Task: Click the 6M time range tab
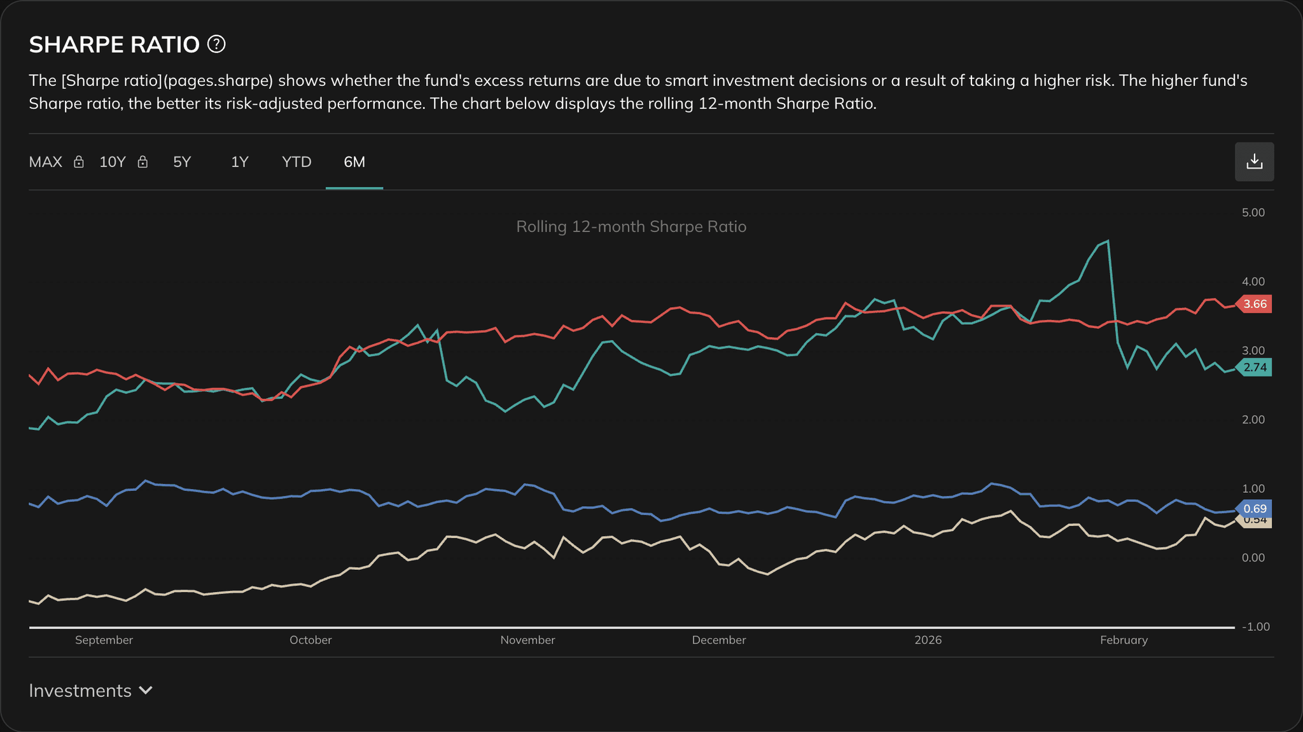pos(354,162)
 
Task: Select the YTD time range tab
pos(296,162)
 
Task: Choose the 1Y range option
pos(239,162)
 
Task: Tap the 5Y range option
pos(182,162)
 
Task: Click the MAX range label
pos(46,162)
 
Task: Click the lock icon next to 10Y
pos(143,162)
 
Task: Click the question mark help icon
pos(216,45)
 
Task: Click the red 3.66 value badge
pos(1255,304)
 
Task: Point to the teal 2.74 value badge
pos(1255,368)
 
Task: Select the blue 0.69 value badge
pos(1255,509)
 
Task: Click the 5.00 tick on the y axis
pos(1253,212)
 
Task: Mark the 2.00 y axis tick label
pos(1253,420)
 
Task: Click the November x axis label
pos(527,640)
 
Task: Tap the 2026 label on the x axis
pos(928,640)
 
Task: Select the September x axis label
pos(104,640)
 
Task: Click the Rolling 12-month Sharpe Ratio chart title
pos(631,227)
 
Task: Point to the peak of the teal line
pos(1108,241)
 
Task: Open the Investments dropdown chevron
pos(146,691)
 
